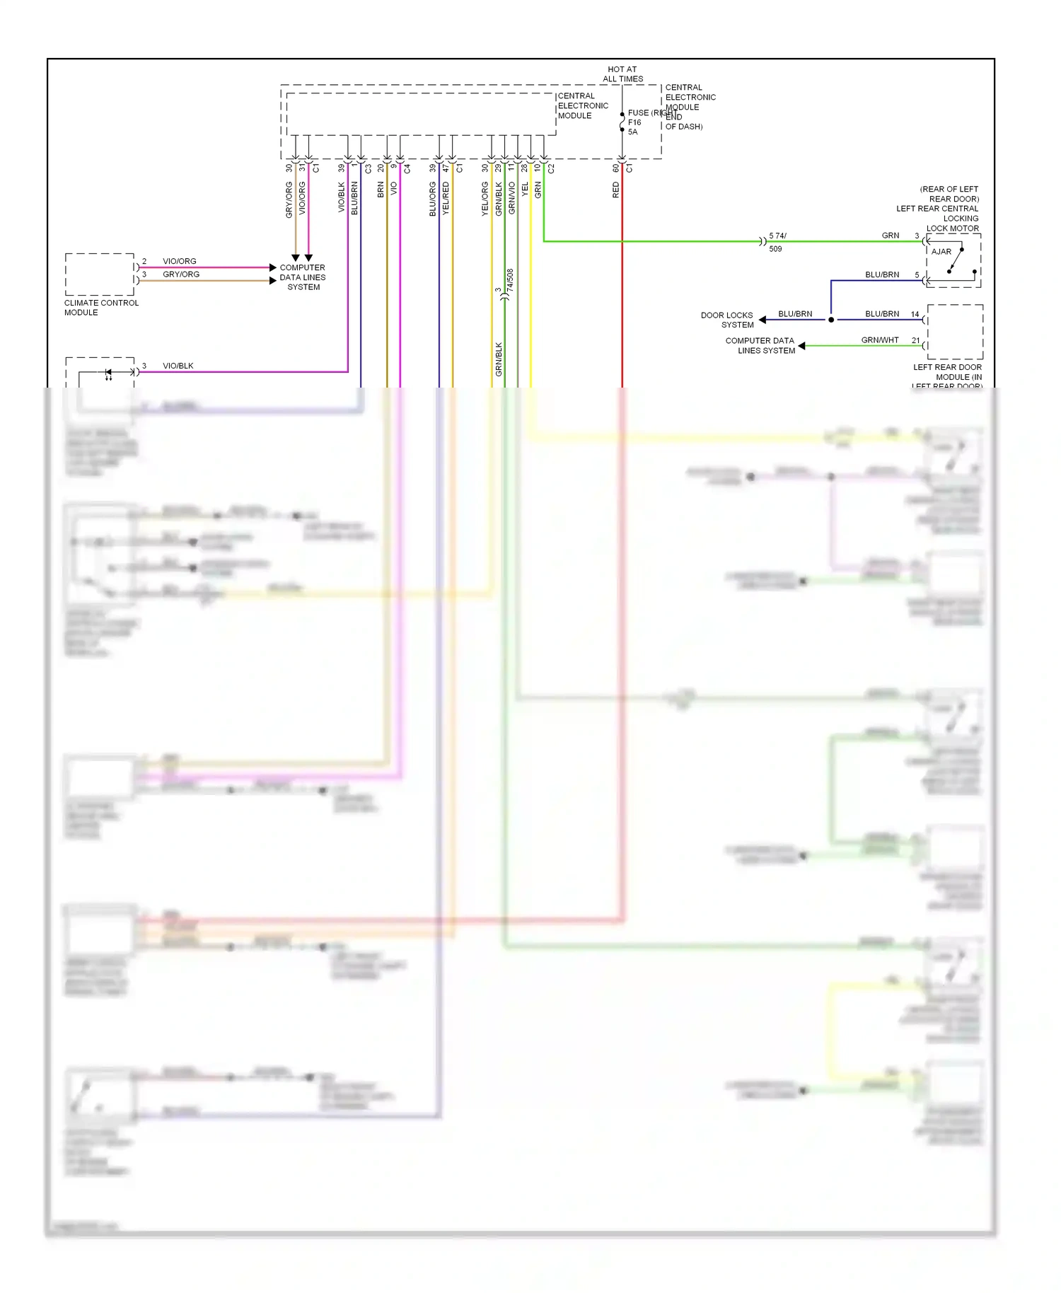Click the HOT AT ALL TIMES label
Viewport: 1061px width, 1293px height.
pos(622,74)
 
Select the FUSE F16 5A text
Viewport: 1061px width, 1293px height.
pos(634,122)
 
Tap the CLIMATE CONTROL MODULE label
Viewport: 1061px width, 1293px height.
pos(100,308)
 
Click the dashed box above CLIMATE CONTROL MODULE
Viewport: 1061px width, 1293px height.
pos(100,274)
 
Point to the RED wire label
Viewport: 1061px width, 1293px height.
pos(616,190)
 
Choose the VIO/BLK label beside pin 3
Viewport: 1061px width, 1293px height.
pos(178,366)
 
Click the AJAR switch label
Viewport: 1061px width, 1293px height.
pos(941,252)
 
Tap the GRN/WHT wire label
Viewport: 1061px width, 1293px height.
pos(879,340)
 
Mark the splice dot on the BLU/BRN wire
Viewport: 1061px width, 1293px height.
pos(831,320)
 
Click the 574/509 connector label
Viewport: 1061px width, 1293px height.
pos(777,242)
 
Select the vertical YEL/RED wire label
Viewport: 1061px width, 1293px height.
pos(446,199)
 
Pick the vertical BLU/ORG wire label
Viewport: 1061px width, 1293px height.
pos(432,199)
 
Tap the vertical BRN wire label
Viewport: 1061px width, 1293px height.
pos(381,189)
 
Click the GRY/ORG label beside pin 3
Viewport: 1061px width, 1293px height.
pos(181,274)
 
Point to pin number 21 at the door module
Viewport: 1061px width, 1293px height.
pos(915,340)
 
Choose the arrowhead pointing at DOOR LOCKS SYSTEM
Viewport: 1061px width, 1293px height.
pos(763,320)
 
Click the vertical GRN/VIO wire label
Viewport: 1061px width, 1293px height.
pos(511,199)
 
